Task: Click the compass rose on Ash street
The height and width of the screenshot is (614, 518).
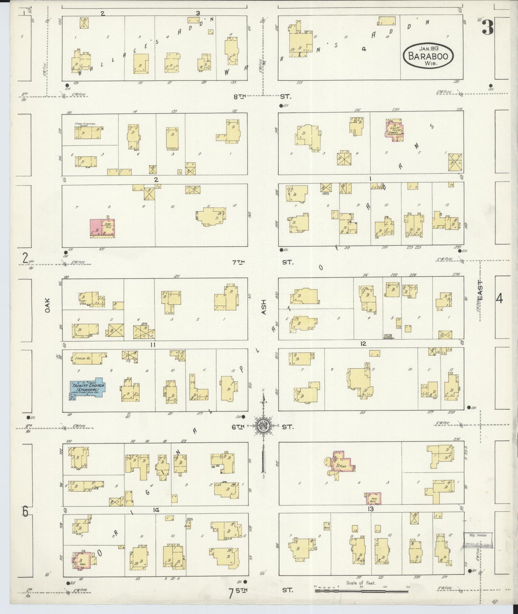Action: pos(263,426)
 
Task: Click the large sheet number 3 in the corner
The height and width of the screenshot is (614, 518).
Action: pos(487,27)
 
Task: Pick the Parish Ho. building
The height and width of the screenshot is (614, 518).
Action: pos(90,357)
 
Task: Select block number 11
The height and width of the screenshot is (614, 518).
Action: pos(153,345)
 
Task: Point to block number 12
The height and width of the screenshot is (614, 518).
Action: pos(363,344)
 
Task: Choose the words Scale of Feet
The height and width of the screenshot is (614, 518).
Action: pos(361,583)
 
